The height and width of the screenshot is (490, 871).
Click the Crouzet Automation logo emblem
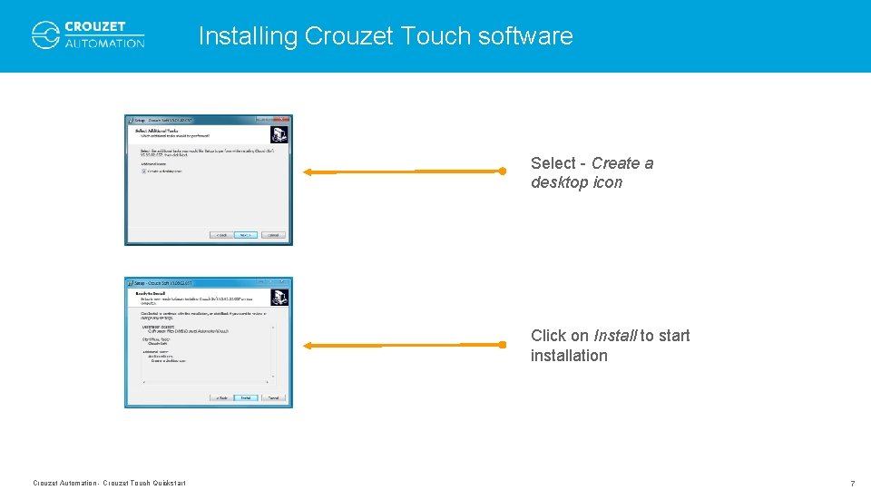[x=45, y=34]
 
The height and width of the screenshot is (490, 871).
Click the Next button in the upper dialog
[x=245, y=235]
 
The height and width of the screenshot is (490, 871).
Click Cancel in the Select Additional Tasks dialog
[x=274, y=235]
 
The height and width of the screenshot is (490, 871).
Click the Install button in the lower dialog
[x=245, y=397]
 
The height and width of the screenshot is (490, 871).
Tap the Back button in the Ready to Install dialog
[x=220, y=397]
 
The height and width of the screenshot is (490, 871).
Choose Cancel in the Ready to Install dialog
[x=274, y=397]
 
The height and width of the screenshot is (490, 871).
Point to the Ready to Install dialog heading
[x=152, y=293]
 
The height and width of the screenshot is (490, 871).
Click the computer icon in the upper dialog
[x=279, y=133]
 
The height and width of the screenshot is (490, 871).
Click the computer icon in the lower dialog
[x=279, y=296]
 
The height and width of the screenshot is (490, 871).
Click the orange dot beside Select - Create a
[x=502, y=170]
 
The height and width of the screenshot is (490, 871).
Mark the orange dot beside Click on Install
[x=502, y=344]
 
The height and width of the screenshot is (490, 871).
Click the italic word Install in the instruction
[x=614, y=336]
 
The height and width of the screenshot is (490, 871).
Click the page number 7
[x=852, y=484]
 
